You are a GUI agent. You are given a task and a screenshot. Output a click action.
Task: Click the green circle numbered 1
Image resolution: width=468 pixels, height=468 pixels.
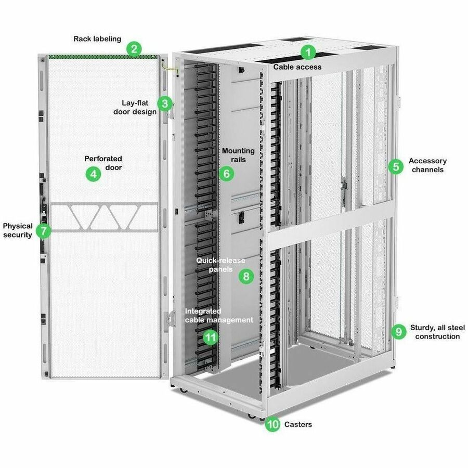(x=309, y=52)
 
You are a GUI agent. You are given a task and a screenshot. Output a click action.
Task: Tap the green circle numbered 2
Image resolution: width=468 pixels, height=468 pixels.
(x=134, y=49)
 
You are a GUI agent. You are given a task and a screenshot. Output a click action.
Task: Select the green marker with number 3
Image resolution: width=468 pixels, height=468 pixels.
(x=165, y=103)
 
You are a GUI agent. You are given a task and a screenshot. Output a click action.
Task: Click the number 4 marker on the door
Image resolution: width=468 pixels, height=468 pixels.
(x=93, y=174)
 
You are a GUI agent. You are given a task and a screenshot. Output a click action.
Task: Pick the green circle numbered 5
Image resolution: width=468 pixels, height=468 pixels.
(x=396, y=166)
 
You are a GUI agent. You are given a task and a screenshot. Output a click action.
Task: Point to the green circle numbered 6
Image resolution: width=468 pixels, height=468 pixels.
(x=226, y=174)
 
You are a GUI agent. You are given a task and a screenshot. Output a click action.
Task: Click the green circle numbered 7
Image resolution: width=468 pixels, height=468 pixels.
(x=44, y=230)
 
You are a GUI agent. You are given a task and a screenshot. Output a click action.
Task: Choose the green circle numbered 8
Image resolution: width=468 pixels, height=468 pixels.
(x=246, y=276)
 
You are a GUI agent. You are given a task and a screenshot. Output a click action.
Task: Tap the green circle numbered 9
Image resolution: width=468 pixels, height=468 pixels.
(x=398, y=331)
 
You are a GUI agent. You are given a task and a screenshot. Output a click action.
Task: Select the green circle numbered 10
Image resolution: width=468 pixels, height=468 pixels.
(x=272, y=424)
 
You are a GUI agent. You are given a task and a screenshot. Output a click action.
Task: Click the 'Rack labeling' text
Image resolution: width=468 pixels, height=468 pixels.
(x=97, y=38)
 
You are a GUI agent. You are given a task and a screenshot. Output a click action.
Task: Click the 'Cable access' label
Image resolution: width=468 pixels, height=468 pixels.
(x=297, y=67)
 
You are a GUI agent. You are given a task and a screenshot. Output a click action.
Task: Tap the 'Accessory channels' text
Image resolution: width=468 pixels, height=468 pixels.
(x=427, y=165)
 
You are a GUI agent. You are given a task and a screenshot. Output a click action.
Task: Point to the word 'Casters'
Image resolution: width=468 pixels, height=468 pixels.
(x=298, y=424)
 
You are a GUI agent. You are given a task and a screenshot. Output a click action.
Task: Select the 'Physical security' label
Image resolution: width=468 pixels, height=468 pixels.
(x=18, y=230)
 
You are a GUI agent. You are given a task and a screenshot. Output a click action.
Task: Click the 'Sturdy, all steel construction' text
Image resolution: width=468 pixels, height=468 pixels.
(x=435, y=332)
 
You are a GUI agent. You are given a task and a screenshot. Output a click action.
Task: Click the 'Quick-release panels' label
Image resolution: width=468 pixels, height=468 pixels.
(x=220, y=265)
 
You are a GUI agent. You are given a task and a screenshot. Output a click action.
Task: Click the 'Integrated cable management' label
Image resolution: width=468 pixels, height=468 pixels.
(x=219, y=316)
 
